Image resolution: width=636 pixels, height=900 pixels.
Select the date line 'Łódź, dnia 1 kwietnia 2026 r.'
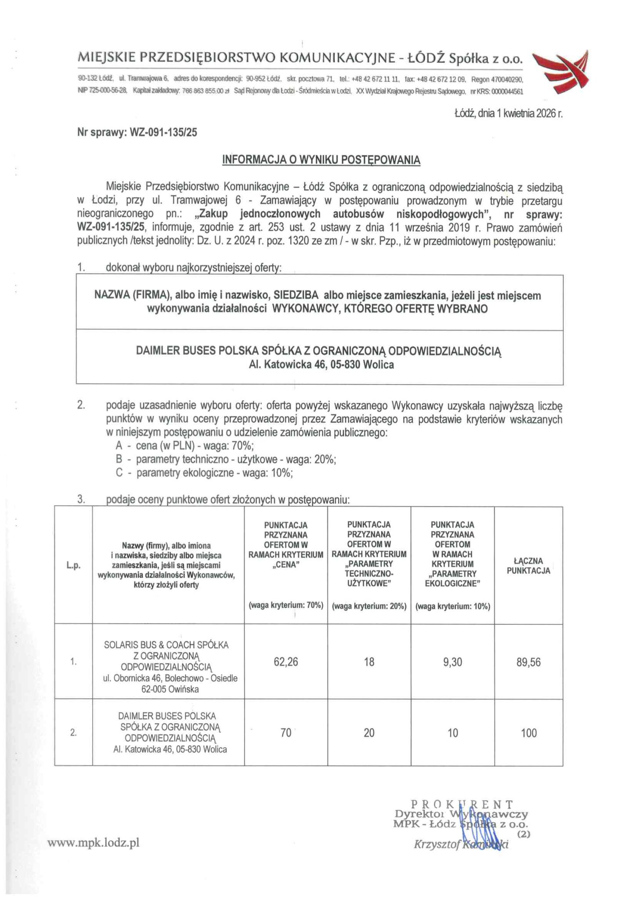click(508, 113)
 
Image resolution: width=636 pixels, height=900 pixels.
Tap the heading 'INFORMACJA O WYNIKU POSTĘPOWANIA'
click(321, 160)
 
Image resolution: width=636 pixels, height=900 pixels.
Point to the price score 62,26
click(285, 661)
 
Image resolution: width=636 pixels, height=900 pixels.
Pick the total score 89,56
click(528, 661)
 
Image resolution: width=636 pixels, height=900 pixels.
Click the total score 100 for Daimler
click(528, 733)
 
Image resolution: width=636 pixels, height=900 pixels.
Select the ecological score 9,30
click(452, 661)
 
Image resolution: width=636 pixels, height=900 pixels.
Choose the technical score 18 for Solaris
click(369, 661)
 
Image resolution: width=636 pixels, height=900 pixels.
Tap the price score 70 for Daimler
click(285, 733)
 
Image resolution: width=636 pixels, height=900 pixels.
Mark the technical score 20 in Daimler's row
click(369, 733)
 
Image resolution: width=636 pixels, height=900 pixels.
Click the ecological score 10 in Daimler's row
click(452, 733)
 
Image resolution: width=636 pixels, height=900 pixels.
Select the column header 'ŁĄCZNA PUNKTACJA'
click(528, 566)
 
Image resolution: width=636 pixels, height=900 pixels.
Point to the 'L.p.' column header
click(74, 566)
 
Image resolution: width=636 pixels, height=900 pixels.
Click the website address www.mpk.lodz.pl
click(94, 842)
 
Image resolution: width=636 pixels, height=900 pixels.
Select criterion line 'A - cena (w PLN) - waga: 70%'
click(184, 446)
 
